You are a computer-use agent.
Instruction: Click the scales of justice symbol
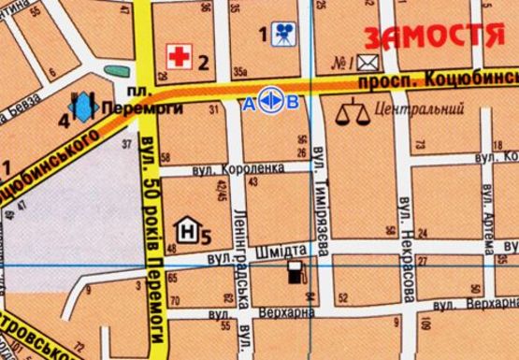[350, 115]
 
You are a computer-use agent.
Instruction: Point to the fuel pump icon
[296, 272]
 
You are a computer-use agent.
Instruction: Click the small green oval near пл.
[116, 72]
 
